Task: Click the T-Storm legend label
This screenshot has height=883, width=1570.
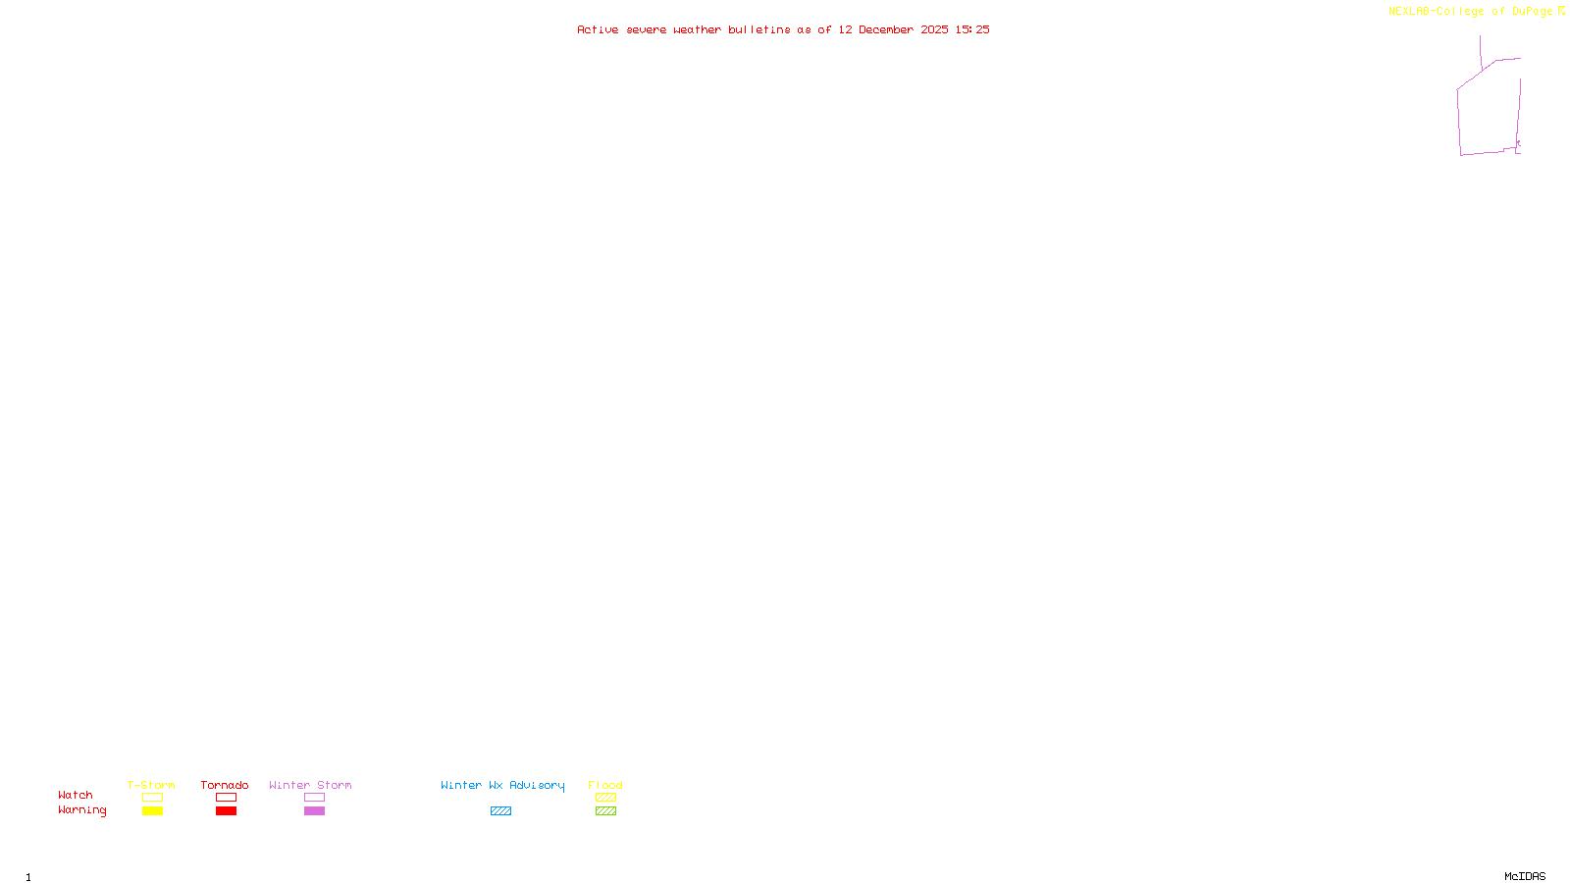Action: (151, 785)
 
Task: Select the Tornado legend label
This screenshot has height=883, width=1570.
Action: (225, 785)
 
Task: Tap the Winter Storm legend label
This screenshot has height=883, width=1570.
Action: (310, 785)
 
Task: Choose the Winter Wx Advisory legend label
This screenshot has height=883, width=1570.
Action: (502, 785)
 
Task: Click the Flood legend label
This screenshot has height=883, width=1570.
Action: (605, 785)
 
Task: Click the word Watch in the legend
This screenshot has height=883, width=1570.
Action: (76, 795)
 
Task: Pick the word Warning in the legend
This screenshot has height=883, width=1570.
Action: (82, 810)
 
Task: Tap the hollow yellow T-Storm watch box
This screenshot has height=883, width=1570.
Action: (152, 798)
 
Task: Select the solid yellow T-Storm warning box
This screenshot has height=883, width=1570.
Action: (152, 811)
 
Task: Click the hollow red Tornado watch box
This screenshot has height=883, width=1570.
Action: (226, 798)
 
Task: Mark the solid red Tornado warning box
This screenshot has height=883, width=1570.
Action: (226, 811)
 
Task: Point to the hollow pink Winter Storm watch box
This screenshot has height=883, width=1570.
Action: (314, 798)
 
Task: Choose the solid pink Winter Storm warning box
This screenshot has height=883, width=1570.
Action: (314, 811)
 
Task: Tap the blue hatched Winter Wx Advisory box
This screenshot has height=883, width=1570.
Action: (500, 811)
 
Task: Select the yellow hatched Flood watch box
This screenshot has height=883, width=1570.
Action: (605, 798)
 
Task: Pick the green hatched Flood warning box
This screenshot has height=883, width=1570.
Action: (605, 811)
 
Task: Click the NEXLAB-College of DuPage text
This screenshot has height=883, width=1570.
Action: (1470, 11)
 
